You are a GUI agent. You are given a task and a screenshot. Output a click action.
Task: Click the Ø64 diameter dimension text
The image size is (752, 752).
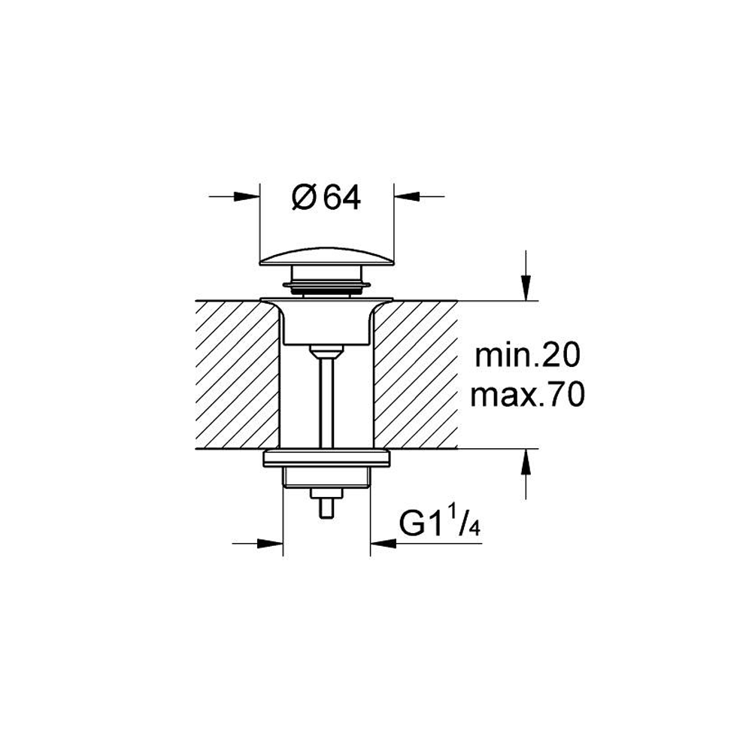[x=326, y=197]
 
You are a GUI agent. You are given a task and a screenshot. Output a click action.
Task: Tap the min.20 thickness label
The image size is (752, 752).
[x=528, y=356]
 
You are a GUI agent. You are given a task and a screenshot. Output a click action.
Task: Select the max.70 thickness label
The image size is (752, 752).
[x=528, y=396]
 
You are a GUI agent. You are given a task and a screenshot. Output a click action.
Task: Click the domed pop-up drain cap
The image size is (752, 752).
[x=326, y=255]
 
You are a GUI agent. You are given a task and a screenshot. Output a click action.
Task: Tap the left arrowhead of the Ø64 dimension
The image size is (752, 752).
[x=247, y=196]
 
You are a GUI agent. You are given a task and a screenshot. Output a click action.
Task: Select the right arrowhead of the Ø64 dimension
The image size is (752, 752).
[x=407, y=196]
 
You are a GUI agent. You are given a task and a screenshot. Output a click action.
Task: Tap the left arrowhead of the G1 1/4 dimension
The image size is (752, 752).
[x=270, y=544]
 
